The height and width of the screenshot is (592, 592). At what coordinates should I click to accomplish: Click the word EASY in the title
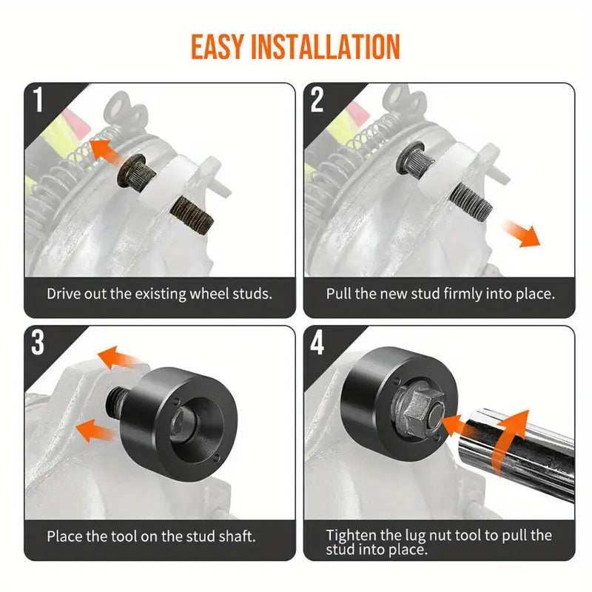point(218,47)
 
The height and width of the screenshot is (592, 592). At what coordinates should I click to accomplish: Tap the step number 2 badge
point(317,101)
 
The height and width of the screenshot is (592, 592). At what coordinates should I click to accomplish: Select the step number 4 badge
point(317,343)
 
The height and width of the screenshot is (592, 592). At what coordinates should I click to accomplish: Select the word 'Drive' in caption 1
point(64,293)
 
